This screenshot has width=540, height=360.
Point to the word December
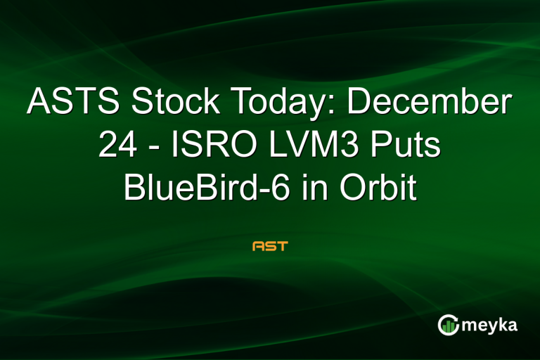point(430,103)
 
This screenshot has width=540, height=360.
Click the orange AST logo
point(270,247)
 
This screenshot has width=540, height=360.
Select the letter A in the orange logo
point(257,247)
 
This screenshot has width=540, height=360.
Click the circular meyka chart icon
point(449,325)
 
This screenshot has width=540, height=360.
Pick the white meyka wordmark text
point(492,325)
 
